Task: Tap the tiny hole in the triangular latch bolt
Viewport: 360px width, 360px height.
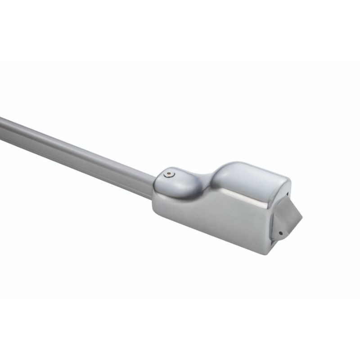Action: (x=280, y=233)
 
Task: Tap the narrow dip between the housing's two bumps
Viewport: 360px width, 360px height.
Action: (x=205, y=179)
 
